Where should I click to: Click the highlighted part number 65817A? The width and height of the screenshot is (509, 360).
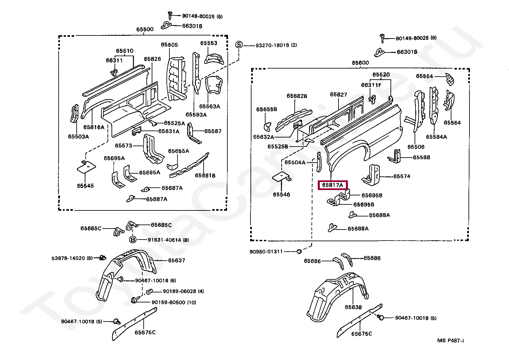[333, 185]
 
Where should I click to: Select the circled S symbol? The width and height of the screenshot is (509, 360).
[239, 45]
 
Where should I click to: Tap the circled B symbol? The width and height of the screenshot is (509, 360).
[133, 240]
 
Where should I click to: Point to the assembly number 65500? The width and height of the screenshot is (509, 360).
[145, 29]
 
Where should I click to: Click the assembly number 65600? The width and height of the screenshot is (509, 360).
[360, 63]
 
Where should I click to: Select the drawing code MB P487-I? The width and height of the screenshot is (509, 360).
[451, 341]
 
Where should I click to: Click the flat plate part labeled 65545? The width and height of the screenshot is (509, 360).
[86, 167]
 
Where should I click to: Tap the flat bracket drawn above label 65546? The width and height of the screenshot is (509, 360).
[282, 177]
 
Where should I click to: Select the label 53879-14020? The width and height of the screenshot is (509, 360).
[68, 258]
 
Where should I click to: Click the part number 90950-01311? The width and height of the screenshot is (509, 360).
[266, 252]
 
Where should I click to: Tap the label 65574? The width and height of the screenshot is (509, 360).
[402, 176]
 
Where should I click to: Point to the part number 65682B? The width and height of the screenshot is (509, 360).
[297, 96]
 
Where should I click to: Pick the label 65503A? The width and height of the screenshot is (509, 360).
[78, 137]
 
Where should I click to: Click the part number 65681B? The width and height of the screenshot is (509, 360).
[205, 175]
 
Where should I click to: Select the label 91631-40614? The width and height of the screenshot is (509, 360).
[164, 240]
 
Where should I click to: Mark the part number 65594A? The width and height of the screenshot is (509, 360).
[436, 137]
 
